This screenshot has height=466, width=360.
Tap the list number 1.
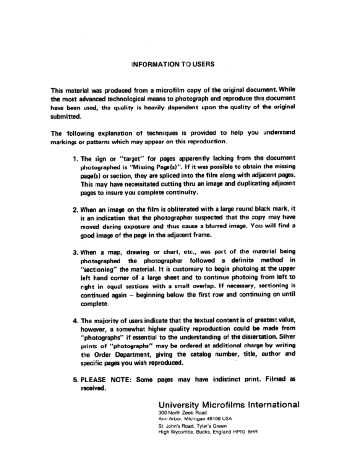[75, 158]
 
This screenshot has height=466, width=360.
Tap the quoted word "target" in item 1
[125, 158]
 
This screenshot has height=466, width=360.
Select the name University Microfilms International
[228, 405]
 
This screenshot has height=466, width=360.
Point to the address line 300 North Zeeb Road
[180, 413]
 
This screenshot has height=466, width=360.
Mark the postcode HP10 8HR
[247, 431]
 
